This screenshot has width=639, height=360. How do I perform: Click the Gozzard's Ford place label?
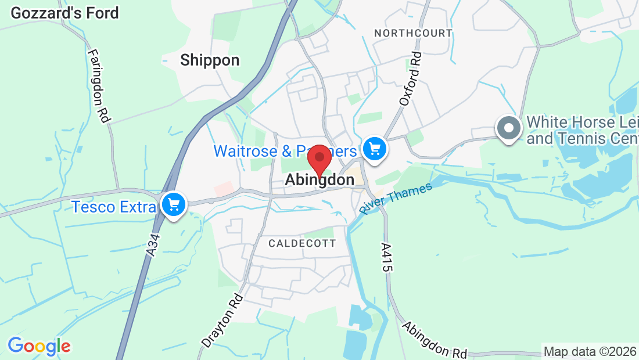coord(64,13)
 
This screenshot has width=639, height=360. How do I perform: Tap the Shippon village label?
coord(210,60)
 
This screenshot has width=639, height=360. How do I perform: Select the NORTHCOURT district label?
coord(413,33)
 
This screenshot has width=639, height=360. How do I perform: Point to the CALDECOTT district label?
coord(302,243)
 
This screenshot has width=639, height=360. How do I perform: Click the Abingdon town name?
coord(319,181)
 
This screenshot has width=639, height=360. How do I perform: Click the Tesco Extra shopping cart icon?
coord(173,206)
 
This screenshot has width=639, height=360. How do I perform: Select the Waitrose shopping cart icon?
coord(375,150)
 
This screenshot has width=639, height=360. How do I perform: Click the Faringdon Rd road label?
coord(99,85)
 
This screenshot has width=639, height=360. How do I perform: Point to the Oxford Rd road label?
coord(410,78)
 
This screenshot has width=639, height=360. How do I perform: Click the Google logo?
coord(39,347)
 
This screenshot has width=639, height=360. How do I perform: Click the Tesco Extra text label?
coord(114,207)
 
